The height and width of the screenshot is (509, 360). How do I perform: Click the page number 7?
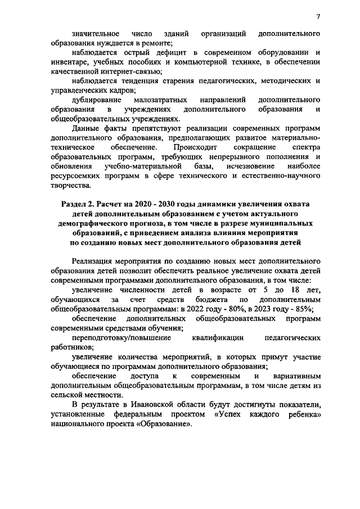(318, 16)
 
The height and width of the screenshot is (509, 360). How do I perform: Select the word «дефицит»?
(163, 53)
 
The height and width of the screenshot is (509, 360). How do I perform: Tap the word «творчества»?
(70, 186)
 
